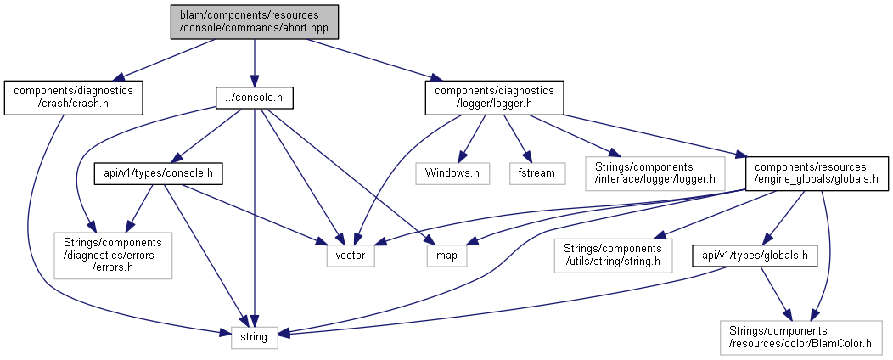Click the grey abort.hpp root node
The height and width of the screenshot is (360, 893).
coord(254,22)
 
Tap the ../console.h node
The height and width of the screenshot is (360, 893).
coord(254,98)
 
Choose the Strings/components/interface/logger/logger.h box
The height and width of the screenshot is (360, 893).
coord(653,172)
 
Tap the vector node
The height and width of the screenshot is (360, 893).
coord(351,254)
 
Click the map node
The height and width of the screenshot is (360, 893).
coord(446,254)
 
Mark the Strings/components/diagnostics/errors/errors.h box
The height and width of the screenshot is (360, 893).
coord(113,254)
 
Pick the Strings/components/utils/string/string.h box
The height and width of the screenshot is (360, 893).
coord(612,254)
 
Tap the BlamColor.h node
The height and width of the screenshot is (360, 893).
coord(802,337)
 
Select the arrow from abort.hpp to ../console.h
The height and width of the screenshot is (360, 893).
coord(254,64)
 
